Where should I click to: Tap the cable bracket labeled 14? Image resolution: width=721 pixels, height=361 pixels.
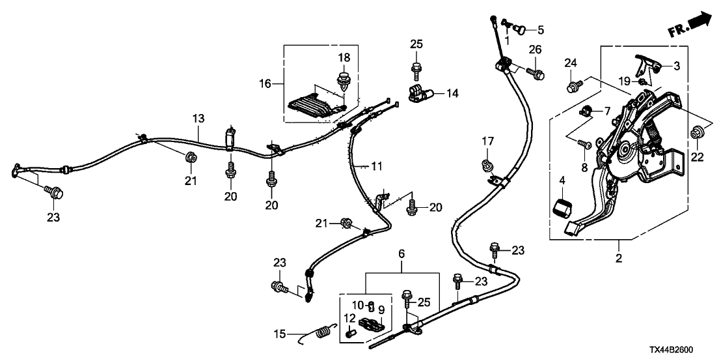[x=420, y=94]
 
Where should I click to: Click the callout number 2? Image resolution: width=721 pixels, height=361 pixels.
[x=618, y=259]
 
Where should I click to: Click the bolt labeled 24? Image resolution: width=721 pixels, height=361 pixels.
[x=573, y=86]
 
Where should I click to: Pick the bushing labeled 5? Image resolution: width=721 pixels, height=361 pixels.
[x=521, y=29]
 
